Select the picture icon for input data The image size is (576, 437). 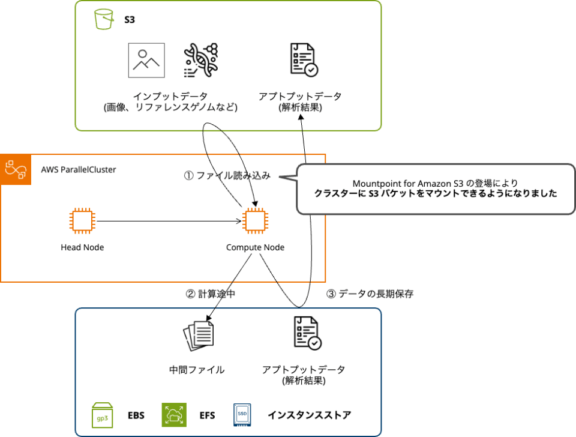(x=146, y=60)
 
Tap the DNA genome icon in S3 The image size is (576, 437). (x=201, y=60)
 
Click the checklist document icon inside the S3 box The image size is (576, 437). (x=303, y=60)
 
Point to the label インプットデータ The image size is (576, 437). (x=171, y=96)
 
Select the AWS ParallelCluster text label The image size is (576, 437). (x=79, y=169)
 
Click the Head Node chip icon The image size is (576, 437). (x=82, y=222)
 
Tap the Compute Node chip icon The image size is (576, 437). (x=255, y=222)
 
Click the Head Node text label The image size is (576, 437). (x=82, y=247)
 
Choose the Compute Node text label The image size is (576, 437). (x=255, y=247)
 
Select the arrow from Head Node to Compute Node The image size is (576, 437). (x=168, y=222)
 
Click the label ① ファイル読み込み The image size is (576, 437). (x=227, y=176)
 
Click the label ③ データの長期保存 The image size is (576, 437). (x=370, y=294)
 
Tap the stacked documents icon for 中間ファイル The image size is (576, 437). (x=198, y=334)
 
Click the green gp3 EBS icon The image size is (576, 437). (x=103, y=415)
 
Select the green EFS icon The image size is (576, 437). (x=174, y=415)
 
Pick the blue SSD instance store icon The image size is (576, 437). (x=242, y=415)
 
